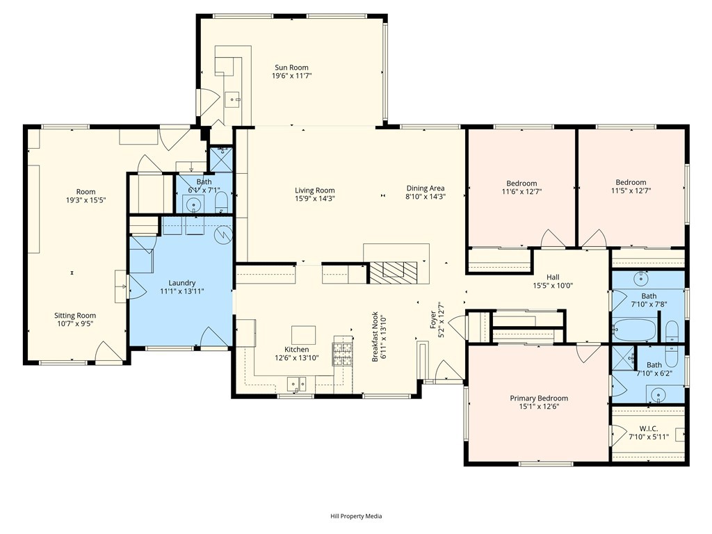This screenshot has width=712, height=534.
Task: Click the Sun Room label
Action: click(x=291, y=67)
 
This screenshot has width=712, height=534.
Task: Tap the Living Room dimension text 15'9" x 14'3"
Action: click(x=315, y=198)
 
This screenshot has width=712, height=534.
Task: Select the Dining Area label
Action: click(x=426, y=188)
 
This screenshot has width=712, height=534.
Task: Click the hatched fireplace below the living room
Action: click(x=392, y=273)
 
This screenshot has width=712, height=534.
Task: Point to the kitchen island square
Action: click(x=303, y=335)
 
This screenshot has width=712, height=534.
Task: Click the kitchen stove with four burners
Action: click(x=343, y=351)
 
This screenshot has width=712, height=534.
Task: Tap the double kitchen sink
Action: click(x=296, y=385)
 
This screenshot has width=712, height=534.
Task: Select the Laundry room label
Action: click(x=181, y=283)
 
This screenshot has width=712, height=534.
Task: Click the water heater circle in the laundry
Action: click(x=223, y=234)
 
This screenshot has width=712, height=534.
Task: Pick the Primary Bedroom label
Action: click(x=539, y=398)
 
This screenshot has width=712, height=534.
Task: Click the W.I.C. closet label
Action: click(x=649, y=428)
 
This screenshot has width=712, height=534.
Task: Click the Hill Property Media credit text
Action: click(x=356, y=516)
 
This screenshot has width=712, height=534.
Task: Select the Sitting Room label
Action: click(x=75, y=316)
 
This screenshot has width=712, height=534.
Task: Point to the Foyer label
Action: click(x=433, y=321)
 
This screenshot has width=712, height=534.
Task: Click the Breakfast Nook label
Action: click(x=375, y=337)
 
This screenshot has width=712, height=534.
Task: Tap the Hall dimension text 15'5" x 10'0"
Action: click(x=553, y=286)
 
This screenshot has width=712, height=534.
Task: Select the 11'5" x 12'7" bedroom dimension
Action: click(x=631, y=191)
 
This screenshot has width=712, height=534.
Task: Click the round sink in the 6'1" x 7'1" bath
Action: click(x=195, y=204)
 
